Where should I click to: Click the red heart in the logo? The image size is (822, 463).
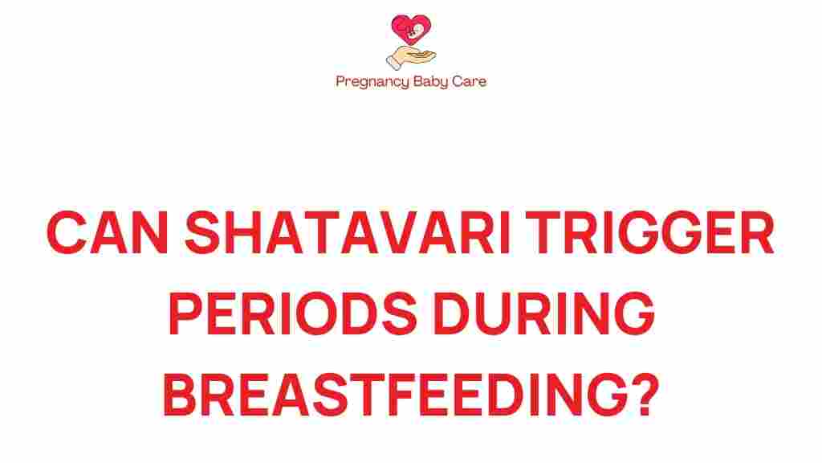click(x=410, y=31)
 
